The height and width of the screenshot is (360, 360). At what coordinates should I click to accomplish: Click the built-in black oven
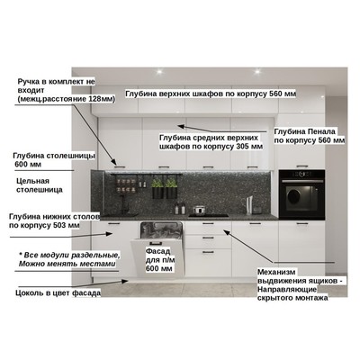[301, 194]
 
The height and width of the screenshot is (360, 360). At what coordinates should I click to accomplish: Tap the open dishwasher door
[157, 258]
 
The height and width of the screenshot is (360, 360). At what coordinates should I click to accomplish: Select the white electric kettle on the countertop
[250, 205]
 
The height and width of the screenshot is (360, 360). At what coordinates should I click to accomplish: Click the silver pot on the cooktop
[199, 210]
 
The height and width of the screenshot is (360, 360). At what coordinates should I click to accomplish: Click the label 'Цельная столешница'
[40, 185]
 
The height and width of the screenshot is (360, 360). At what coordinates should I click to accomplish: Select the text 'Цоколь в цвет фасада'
[58, 293]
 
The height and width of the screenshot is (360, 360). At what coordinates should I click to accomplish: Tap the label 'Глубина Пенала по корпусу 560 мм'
[310, 136]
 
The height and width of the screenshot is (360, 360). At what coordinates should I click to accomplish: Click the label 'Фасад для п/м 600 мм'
[160, 260]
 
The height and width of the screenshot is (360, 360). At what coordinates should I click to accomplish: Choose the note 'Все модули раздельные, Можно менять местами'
[68, 259]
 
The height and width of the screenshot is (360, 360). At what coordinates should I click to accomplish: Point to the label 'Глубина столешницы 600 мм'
[54, 160]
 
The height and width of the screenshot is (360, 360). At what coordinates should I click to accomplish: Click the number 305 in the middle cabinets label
[243, 147]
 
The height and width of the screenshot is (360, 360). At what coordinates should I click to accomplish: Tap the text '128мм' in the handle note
[103, 99]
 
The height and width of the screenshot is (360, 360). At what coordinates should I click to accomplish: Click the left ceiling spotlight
[159, 71]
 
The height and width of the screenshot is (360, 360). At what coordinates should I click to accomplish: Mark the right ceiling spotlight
[257, 71]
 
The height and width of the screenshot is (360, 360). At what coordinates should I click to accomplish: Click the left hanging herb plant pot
[157, 192]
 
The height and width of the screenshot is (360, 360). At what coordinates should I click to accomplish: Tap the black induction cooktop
[209, 215]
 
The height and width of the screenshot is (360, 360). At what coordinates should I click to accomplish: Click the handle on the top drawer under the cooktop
[208, 224]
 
